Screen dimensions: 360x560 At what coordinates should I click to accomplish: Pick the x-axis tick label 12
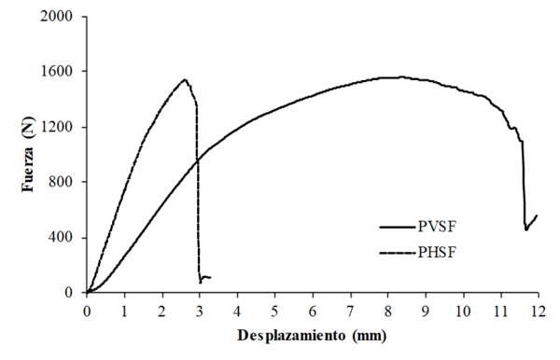pyautogui.click(x=537, y=311)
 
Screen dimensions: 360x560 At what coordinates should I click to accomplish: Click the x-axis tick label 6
pyautogui.click(x=312, y=311)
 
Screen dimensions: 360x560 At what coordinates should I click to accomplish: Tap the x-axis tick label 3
pyautogui.click(x=200, y=311)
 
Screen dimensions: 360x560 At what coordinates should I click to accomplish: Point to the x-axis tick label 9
pyautogui.click(x=425, y=311)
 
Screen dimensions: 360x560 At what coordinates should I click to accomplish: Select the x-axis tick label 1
pyautogui.click(x=124, y=311)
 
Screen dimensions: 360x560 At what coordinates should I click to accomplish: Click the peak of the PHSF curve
pyautogui.click(x=184, y=79)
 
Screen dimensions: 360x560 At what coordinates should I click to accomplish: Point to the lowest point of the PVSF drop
pyautogui.click(x=525, y=229)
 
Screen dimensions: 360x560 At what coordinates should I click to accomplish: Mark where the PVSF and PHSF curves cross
pyautogui.click(x=197, y=159)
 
